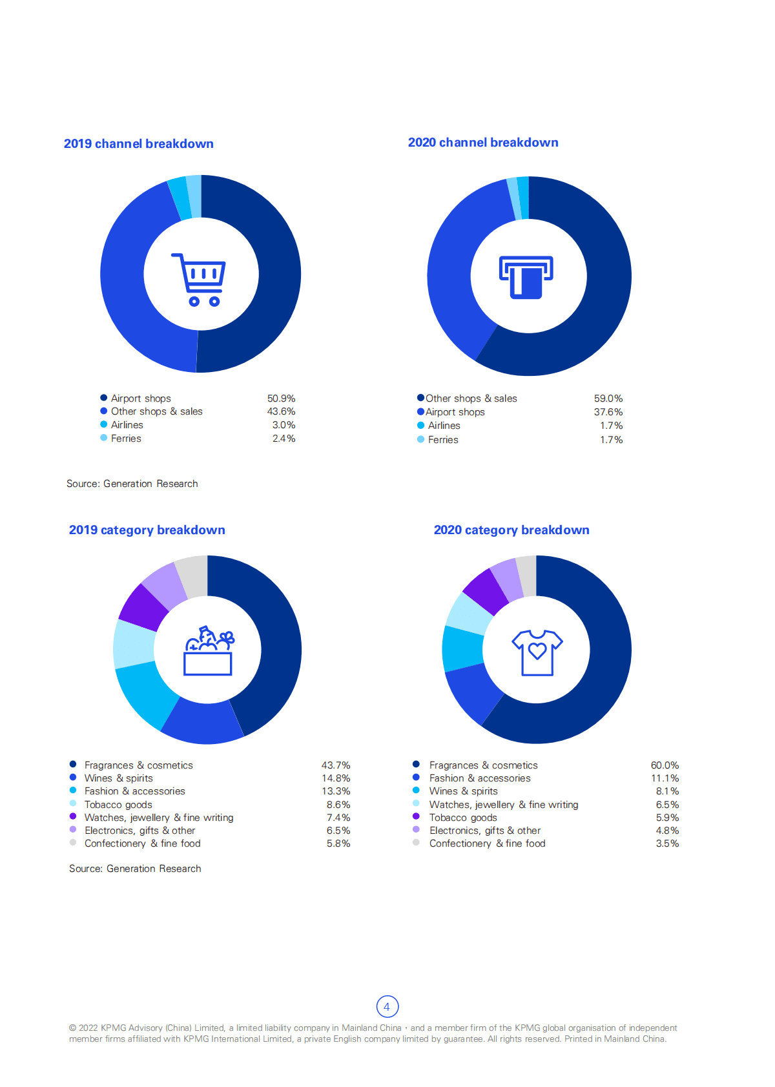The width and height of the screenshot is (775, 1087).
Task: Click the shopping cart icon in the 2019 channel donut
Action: pyautogui.click(x=199, y=279)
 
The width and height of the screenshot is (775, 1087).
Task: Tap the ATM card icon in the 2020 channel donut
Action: pyautogui.click(x=526, y=277)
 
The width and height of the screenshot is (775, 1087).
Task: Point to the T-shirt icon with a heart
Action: pyautogui.click(x=537, y=652)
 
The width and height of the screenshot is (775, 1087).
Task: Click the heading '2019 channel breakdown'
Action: pyautogui.click(x=138, y=143)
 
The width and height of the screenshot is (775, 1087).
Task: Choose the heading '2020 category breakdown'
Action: pyautogui.click(x=511, y=530)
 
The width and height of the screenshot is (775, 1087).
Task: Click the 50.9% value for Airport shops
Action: pyautogui.click(x=281, y=399)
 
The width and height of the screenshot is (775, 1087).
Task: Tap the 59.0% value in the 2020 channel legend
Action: pyautogui.click(x=608, y=399)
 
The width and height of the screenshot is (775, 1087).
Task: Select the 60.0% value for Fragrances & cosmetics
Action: pyautogui.click(x=665, y=765)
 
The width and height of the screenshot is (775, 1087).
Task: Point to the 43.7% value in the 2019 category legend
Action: pyautogui.click(x=336, y=765)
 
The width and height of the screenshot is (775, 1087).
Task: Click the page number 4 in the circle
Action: pyautogui.click(x=387, y=1006)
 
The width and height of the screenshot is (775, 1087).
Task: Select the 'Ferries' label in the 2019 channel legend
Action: pyautogui.click(x=126, y=439)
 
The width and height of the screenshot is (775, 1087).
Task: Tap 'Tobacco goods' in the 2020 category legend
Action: pyautogui.click(x=463, y=818)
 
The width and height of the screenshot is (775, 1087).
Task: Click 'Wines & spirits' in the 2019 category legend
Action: pyautogui.click(x=118, y=778)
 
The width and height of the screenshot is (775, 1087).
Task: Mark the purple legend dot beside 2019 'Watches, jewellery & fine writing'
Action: pyautogui.click(x=73, y=816)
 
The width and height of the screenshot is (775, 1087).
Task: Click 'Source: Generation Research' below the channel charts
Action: pyautogui.click(x=132, y=484)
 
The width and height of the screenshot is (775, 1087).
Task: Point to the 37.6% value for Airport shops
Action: pyautogui.click(x=608, y=412)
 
